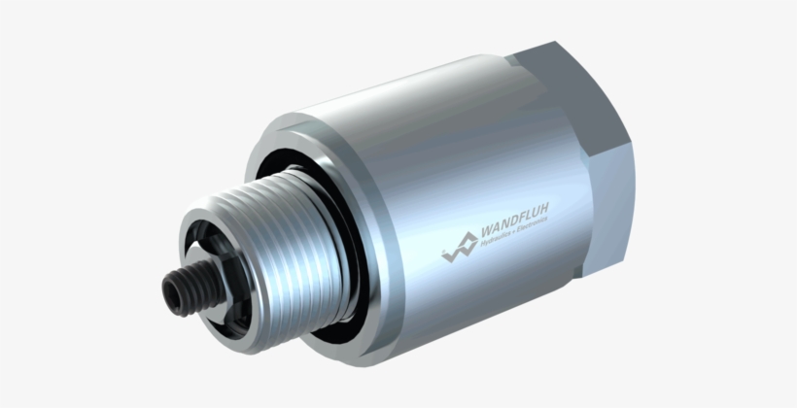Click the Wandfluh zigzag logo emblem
pos(460,248)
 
